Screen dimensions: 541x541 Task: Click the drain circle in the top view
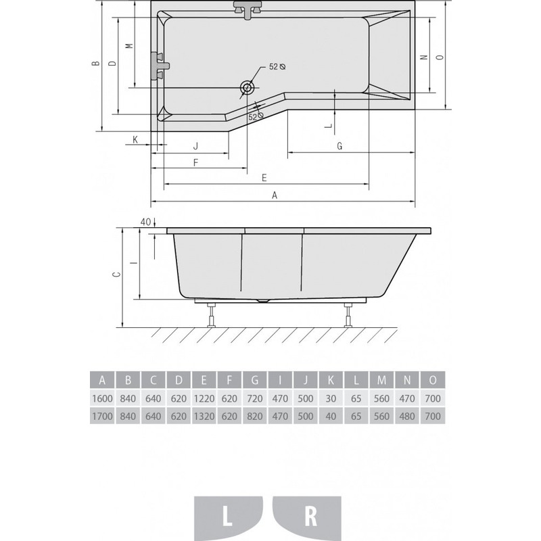tap(248, 88)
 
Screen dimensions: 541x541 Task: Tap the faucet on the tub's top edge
tap(248, 9)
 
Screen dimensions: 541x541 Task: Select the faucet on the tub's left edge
tap(160, 66)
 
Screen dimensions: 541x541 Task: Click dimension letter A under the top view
tap(275, 195)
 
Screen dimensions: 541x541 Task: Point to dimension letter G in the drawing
tap(340, 146)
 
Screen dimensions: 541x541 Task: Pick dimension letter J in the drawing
tap(195, 146)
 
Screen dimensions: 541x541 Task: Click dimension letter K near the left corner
tap(135, 139)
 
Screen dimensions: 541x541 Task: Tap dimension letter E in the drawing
tap(264, 178)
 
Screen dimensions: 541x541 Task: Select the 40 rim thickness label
tap(145, 222)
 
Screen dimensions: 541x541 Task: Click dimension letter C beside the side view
tap(117, 275)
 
